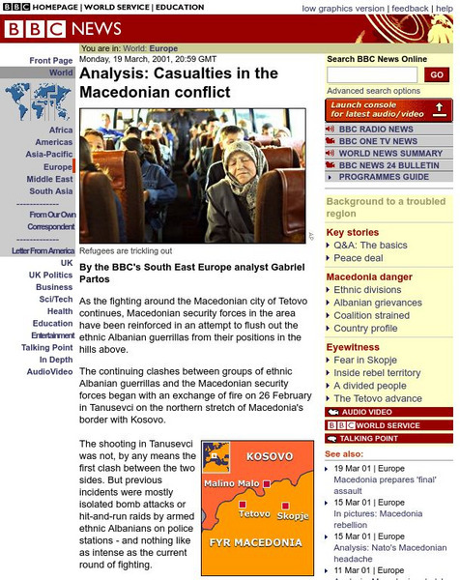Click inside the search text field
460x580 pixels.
373,75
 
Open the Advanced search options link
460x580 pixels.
373,91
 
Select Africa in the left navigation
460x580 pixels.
61,130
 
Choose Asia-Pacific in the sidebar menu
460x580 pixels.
48,155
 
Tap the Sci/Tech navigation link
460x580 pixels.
56,300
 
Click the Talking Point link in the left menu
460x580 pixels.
47,348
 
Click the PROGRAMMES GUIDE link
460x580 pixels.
383,178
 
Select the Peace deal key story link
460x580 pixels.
359,258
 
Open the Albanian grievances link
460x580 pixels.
380,303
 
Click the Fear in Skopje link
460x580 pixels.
366,360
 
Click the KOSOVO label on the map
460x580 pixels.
270,455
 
